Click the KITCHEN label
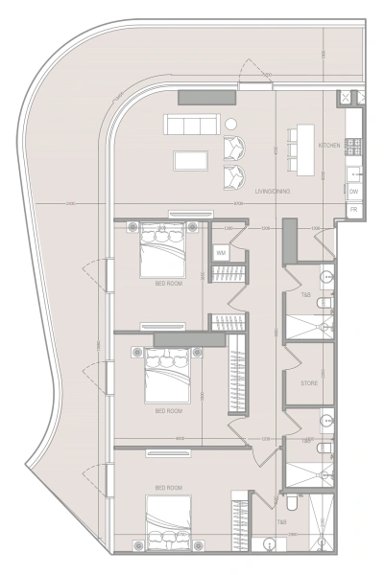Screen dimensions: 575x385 coord(328,146)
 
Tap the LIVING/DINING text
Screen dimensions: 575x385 coord(273,193)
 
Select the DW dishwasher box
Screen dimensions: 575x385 coord(353,192)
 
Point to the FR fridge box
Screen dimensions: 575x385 coord(353,209)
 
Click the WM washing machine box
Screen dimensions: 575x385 coord(221,253)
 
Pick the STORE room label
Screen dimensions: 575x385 coord(308,382)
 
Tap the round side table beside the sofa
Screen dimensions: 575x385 coord(230,124)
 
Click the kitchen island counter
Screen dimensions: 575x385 coord(305,150)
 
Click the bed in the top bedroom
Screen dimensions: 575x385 coord(164,249)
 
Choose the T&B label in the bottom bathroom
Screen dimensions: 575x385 coord(282,522)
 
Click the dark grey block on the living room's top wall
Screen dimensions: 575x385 coord(207,97)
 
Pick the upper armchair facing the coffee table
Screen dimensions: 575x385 coord(234,149)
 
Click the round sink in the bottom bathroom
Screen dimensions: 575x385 coord(270,544)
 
